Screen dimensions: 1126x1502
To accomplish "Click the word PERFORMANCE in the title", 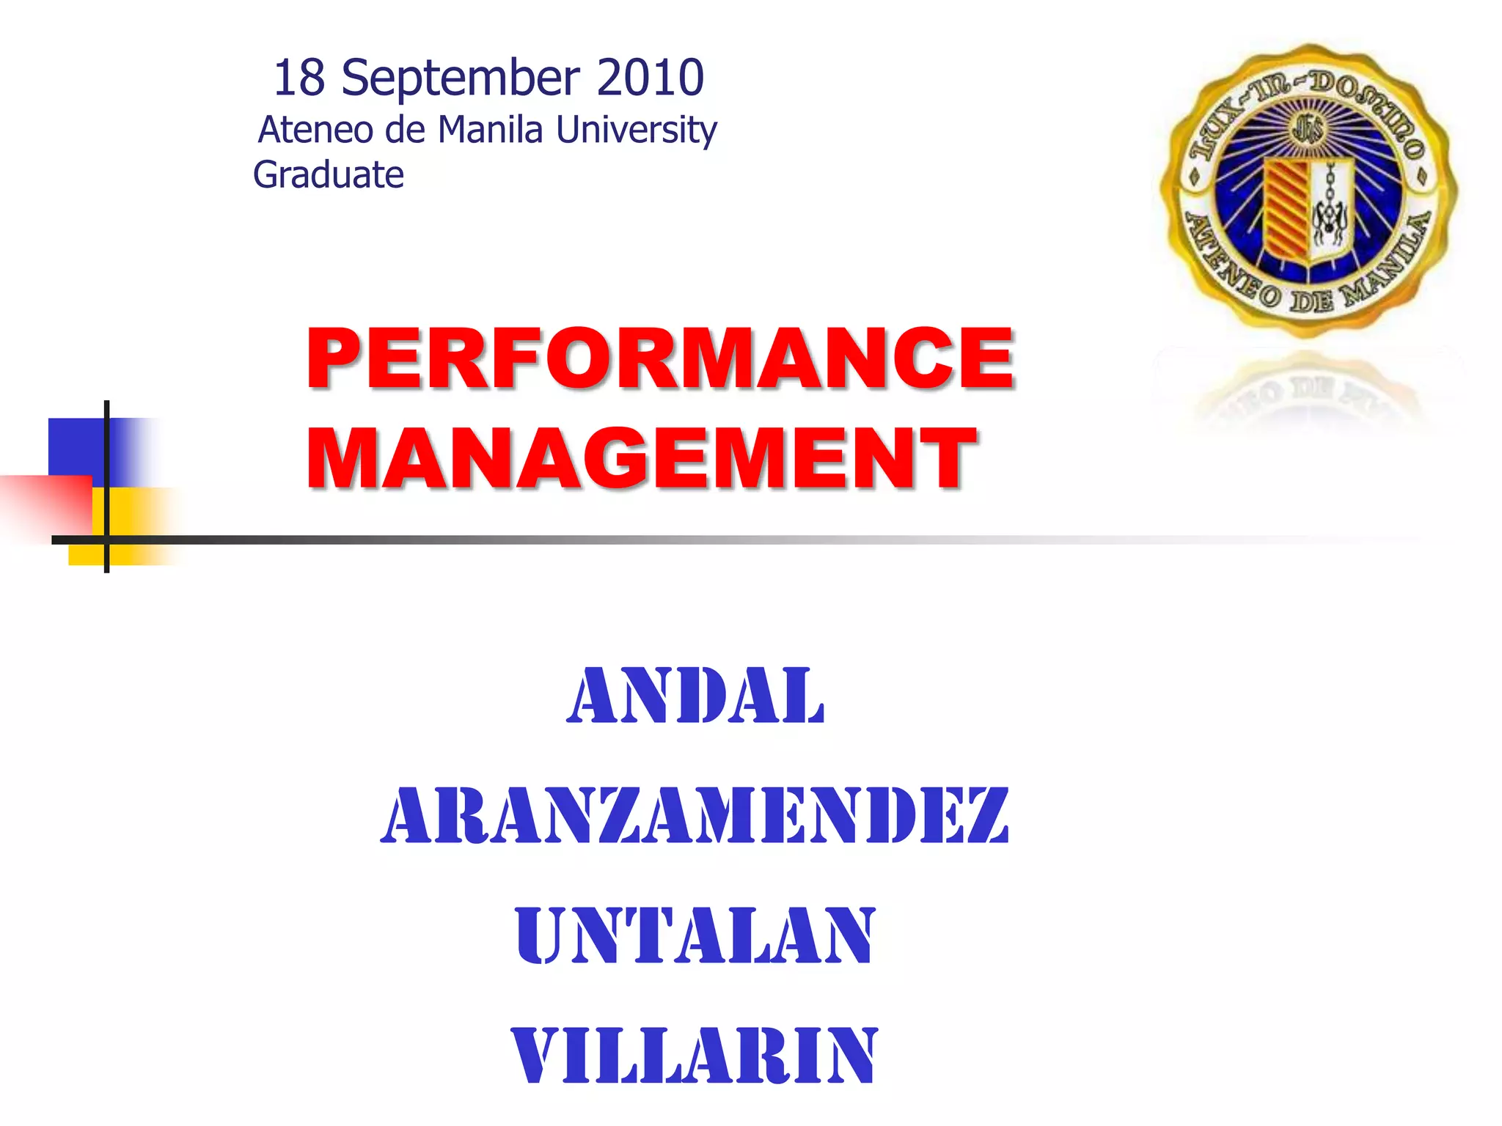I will point(660,358).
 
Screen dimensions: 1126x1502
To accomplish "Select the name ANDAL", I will point(696,696).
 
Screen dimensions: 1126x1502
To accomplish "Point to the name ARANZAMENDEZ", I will point(695,815).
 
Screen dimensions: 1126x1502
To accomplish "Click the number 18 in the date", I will point(299,78).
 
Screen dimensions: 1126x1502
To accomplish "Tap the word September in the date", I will point(461,79).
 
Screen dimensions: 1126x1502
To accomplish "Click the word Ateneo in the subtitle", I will point(316,130).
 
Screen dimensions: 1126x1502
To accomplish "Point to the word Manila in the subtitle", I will point(491,130).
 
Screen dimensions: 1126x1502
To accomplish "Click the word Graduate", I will point(329,175).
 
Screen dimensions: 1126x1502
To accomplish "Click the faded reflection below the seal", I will point(1308,392).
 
